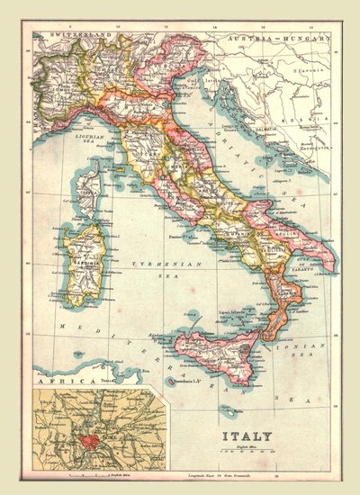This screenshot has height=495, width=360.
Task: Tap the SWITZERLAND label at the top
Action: (x=76, y=34)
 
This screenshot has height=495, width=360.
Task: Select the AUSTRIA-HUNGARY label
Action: (x=270, y=40)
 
